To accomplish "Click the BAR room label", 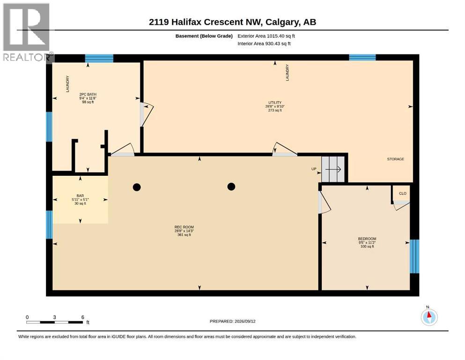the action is point(80,196).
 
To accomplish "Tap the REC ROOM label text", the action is point(184,227).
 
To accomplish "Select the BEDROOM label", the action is point(367,239).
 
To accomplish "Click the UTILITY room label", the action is point(275,102).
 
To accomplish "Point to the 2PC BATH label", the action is point(88,94).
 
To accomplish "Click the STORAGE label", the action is point(396,159).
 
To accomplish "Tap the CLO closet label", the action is point(403,194).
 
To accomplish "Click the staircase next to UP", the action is point(333,169).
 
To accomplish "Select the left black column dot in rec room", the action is point(137,187).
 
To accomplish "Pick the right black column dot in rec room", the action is point(231,187).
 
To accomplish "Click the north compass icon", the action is point(429,316).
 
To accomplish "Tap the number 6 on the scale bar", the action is point(83,317).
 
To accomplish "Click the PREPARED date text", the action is point(232,321).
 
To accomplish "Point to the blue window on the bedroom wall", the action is point(414,256).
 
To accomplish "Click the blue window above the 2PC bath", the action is point(99,58).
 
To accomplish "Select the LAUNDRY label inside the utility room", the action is point(287,73).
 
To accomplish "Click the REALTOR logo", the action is point(27,32).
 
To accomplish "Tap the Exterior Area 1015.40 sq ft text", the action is point(266,36).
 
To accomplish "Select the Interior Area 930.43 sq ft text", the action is point(264,44).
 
